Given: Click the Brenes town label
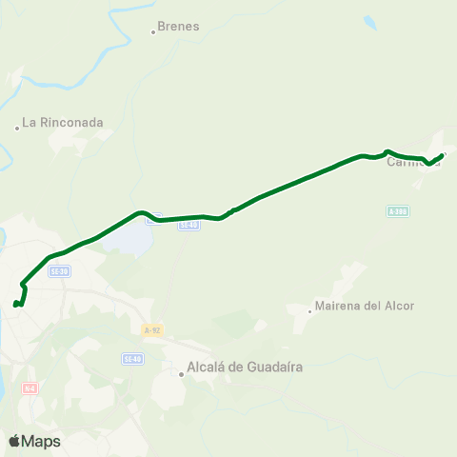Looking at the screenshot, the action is click(x=178, y=27).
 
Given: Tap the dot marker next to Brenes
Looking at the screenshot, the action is click(x=153, y=32).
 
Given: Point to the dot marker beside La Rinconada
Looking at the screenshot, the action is click(x=17, y=128).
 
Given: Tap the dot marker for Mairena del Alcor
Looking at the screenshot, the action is click(x=310, y=310).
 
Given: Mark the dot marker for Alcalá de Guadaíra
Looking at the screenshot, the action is click(x=182, y=374).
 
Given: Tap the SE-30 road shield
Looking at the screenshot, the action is click(x=59, y=271).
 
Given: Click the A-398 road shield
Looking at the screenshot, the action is click(x=398, y=210).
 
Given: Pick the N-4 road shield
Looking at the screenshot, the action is click(x=30, y=388).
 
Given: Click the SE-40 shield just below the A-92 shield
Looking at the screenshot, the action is click(x=132, y=358).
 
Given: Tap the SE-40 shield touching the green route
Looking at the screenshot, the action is click(x=189, y=225).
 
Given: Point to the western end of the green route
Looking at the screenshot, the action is click(x=15, y=305).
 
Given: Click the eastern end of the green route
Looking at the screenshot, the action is click(x=443, y=153).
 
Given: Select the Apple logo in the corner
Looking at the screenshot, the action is click(x=15, y=441).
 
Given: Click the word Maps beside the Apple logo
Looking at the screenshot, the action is click(x=42, y=442).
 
